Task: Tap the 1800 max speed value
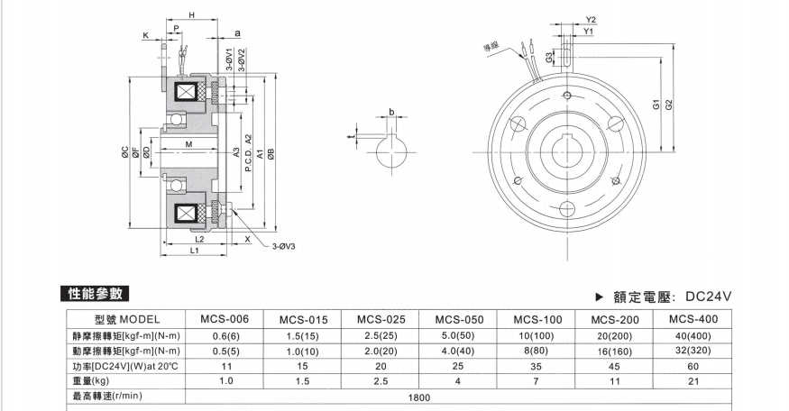[418, 397]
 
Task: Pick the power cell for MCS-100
[537, 367]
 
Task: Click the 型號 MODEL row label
[126, 319]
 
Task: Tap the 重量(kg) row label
[94, 382]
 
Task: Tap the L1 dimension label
[195, 251]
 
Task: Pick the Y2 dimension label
[591, 19]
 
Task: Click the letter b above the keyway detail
[390, 112]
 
